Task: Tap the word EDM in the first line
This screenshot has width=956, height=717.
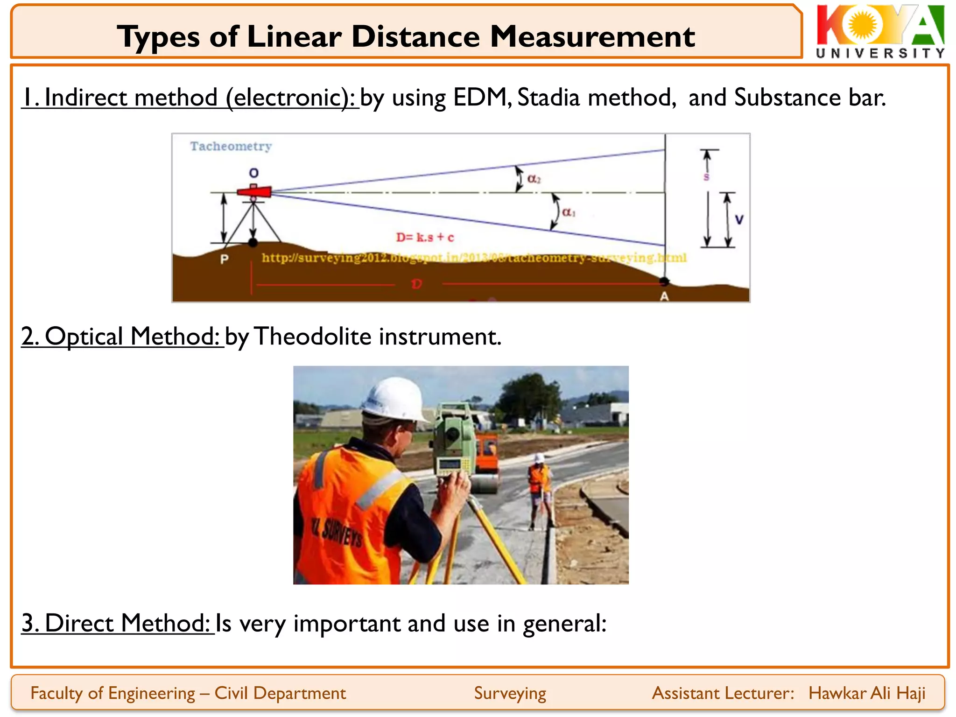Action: point(480,98)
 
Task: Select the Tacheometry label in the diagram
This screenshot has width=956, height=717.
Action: point(231,147)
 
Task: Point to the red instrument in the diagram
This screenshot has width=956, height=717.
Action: point(254,191)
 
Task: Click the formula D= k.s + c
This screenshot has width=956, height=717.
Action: point(425,237)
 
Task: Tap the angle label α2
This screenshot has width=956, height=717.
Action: point(534,179)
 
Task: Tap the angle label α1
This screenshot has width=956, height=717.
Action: point(569,212)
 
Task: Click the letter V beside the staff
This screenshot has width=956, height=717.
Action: point(739,219)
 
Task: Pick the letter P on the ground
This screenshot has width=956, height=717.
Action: point(224,259)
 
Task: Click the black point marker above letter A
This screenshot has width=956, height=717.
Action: point(664,281)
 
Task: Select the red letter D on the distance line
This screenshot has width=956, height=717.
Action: point(416,284)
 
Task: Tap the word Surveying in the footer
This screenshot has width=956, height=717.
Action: point(510,693)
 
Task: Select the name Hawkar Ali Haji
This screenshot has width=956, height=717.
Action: point(867,693)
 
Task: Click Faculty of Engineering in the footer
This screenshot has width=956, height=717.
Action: point(112,693)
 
